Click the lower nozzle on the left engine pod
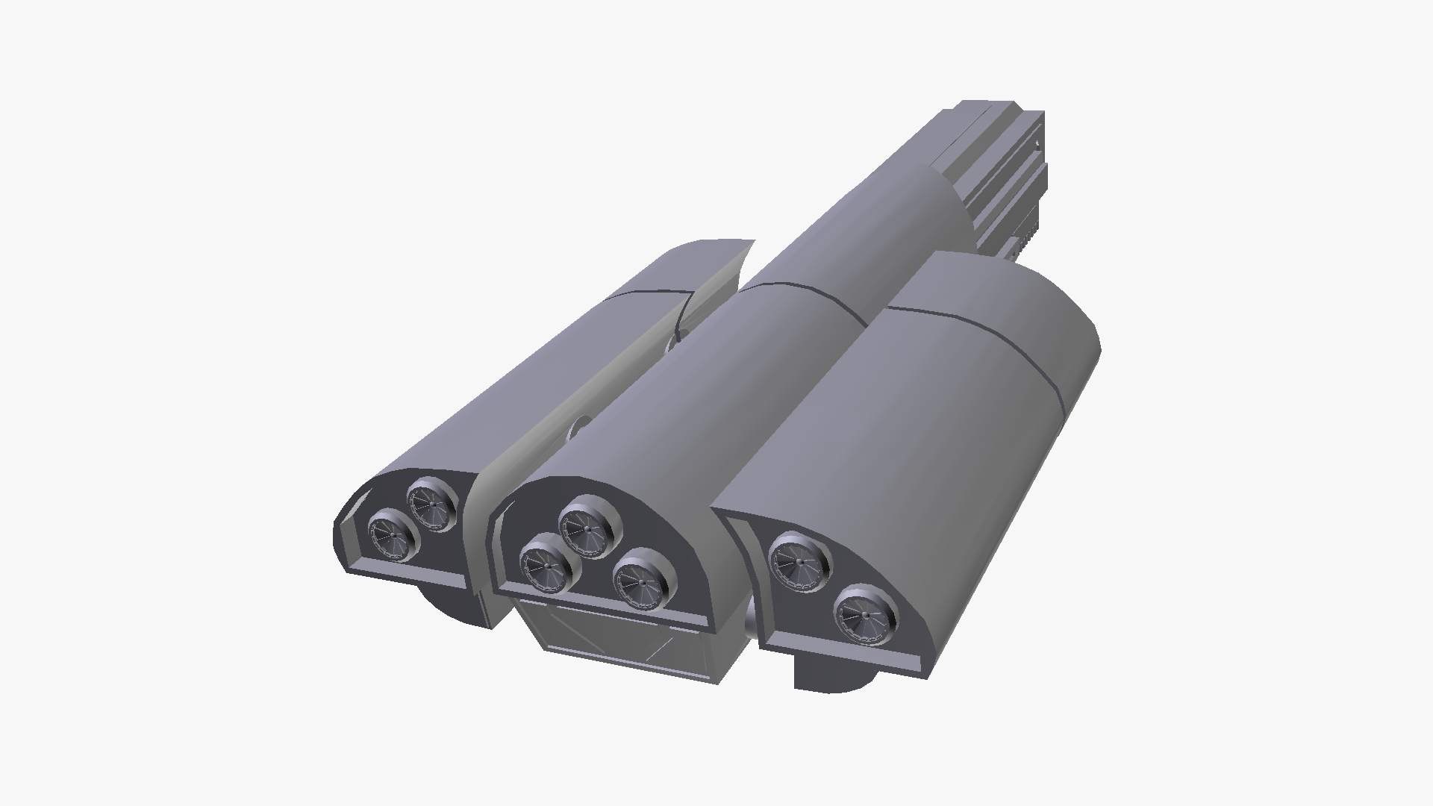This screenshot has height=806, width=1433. click(x=393, y=535)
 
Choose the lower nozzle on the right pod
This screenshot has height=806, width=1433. click(x=864, y=616)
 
